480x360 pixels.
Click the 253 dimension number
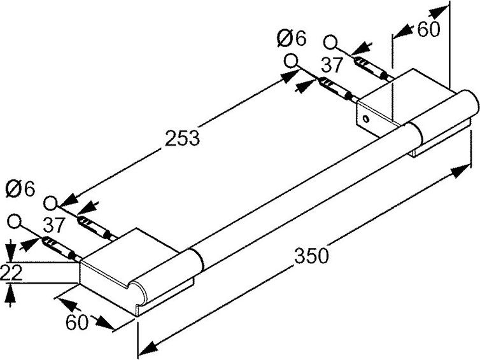(182, 137)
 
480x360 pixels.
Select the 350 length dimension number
(312, 256)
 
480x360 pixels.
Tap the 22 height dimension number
(11, 272)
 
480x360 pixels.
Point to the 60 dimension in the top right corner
(428, 29)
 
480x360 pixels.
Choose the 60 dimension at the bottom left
(77, 322)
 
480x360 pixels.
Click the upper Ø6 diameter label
(291, 39)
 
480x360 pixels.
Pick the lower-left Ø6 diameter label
(20, 190)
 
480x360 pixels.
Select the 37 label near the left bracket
(54, 225)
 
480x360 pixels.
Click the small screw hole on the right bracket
(365, 118)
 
